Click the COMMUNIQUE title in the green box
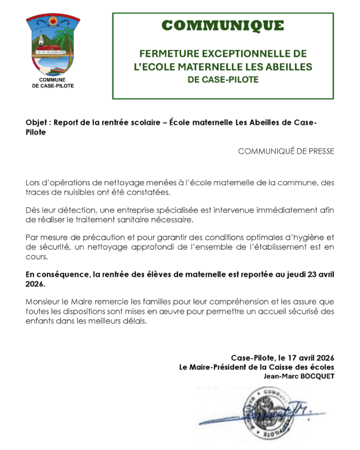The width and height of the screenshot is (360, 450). tap(223, 25)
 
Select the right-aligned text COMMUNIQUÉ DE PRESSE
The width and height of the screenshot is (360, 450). tap(286, 151)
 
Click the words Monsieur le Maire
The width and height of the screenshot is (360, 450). tap(58, 302)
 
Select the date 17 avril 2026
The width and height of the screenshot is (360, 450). tap(308, 358)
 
